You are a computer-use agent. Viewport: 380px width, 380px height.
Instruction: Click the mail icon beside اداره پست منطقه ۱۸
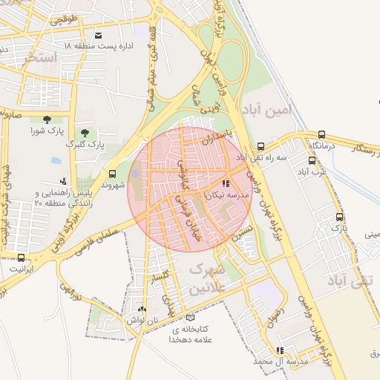(x=98, y=35)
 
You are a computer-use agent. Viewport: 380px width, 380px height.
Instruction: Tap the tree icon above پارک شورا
(x=47, y=119)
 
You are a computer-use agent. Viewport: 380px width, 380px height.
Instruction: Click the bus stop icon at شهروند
(x=113, y=174)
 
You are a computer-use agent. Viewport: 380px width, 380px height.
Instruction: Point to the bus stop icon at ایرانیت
(x=21, y=258)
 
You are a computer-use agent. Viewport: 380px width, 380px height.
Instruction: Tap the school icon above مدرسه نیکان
(x=225, y=183)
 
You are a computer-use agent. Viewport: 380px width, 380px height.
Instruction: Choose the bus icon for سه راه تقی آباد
(x=261, y=146)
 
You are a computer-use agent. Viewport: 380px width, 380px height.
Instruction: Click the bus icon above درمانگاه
(x=321, y=135)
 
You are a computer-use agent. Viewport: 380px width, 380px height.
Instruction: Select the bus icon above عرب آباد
(x=312, y=160)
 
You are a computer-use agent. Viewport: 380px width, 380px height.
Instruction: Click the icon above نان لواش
(x=142, y=308)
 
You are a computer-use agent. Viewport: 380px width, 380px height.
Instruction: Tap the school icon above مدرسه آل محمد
(x=280, y=350)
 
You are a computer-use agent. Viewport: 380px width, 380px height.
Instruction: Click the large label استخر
(x=41, y=56)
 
